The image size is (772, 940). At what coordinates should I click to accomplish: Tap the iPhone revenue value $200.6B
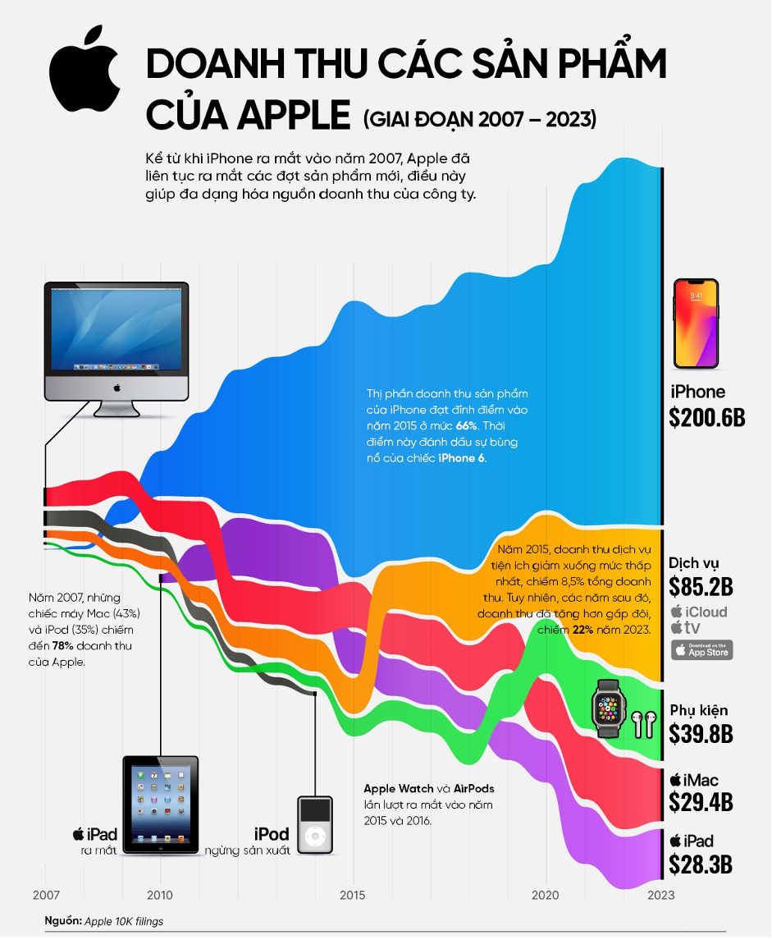[x=706, y=416]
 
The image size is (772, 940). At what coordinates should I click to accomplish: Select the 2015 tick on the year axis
[x=353, y=894]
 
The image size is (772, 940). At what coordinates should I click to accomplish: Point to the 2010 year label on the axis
[x=160, y=894]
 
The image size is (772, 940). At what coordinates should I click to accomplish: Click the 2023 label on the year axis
[x=661, y=894]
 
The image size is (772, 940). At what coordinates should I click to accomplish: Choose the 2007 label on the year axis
[x=45, y=894]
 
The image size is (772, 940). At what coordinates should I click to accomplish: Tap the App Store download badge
[x=701, y=650]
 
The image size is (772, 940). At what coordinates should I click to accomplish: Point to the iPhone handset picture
[x=696, y=323]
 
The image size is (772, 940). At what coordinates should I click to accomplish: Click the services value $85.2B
[x=701, y=587]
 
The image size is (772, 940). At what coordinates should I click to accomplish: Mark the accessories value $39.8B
[x=701, y=733]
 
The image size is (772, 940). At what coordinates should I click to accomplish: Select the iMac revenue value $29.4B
[x=701, y=801]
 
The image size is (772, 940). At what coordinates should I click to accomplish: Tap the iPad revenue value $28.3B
[x=701, y=864]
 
